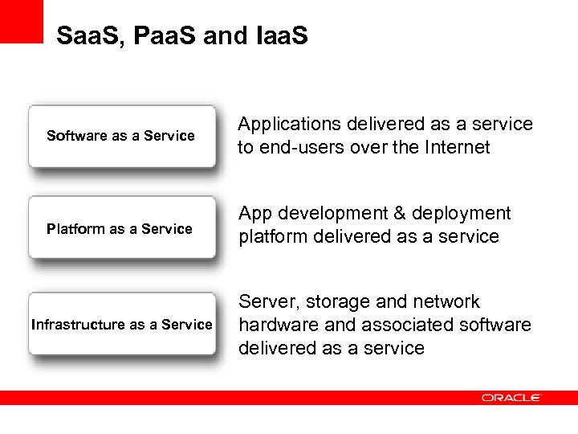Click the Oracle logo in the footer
[x=511, y=398]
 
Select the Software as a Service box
[x=122, y=136]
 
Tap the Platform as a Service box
[x=122, y=228]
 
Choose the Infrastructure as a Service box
[x=122, y=324]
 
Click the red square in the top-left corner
[x=21, y=21]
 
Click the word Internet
[x=454, y=148]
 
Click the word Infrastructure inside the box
[x=78, y=325]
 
